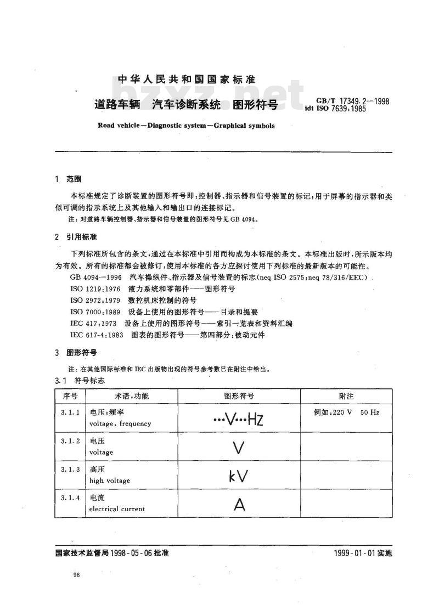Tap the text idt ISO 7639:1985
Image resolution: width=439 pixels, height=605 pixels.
click(335, 109)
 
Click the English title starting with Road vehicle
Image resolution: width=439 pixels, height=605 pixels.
click(186, 125)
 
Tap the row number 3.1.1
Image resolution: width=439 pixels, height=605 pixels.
click(70, 411)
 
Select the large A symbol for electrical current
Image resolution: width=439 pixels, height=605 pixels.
click(239, 504)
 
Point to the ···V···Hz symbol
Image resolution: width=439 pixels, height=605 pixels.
click(238, 420)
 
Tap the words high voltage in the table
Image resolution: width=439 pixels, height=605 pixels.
click(109, 480)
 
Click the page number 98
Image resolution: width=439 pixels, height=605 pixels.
click(76, 574)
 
